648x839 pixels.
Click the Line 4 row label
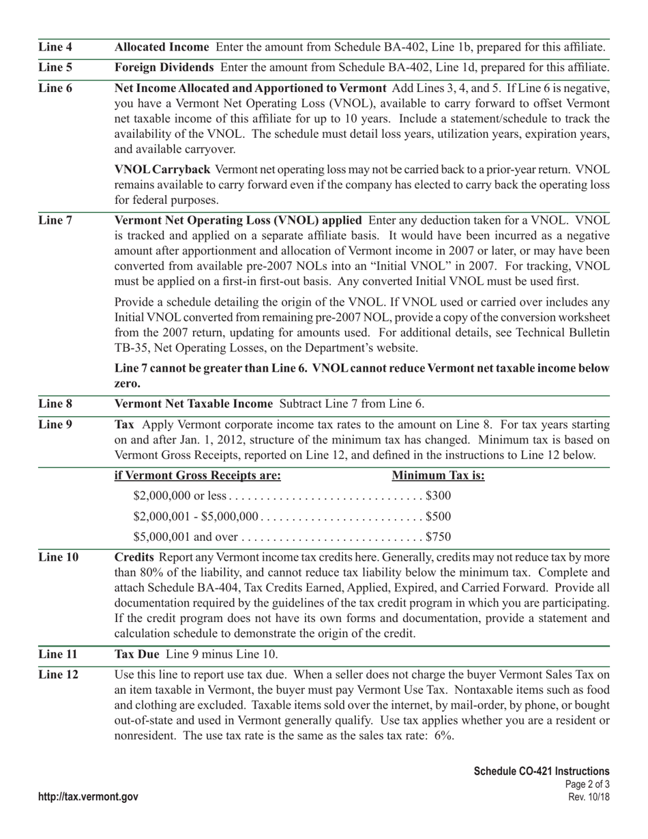(x=55, y=48)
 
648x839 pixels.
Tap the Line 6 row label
(x=55, y=88)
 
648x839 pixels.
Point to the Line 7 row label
(x=55, y=220)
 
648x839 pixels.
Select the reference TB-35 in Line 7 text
(x=130, y=347)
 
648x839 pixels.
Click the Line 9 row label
(x=55, y=424)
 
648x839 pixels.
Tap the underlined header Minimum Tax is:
(x=439, y=475)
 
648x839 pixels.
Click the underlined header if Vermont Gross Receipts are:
(x=198, y=475)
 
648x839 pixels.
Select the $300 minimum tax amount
(x=438, y=496)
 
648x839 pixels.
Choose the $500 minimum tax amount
(x=438, y=516)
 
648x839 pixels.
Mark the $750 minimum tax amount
(x=438, y=537)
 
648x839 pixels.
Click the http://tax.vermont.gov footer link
(x=89, y=797)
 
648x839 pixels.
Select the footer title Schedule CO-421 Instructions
(x=542, y=771)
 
